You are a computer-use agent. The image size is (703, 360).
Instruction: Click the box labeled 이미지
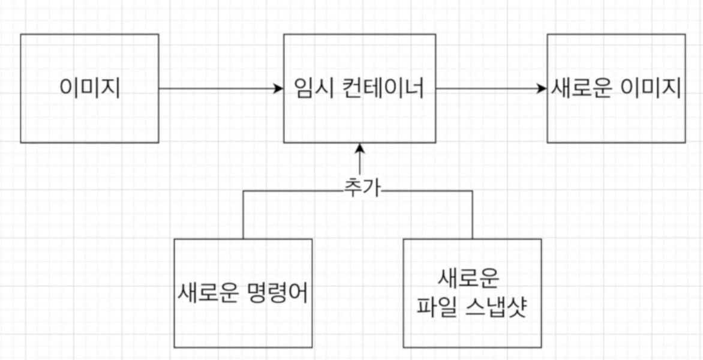tap(89, 88)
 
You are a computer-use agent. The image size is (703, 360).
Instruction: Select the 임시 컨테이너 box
tap(359, 88)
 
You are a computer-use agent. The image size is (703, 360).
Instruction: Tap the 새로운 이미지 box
tap(615, 88)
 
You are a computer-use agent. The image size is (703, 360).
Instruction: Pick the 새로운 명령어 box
tap(243, 293)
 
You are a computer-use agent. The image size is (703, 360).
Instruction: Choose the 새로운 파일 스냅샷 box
tap(472, 293)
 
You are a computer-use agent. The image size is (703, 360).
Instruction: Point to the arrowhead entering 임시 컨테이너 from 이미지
tap(278, 89)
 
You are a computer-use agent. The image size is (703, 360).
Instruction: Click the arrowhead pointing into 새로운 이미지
tap(543, 89)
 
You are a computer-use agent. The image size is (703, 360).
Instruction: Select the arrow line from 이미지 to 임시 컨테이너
tap(219, 89)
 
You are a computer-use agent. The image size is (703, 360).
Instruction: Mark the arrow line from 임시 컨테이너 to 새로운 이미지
tap(489, 89)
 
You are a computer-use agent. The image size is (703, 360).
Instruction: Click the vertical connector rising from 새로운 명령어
tap(243, 215)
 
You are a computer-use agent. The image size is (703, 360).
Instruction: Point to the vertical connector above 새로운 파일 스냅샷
tap(472, 215)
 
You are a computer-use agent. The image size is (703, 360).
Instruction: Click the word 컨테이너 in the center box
tap(381, 89)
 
